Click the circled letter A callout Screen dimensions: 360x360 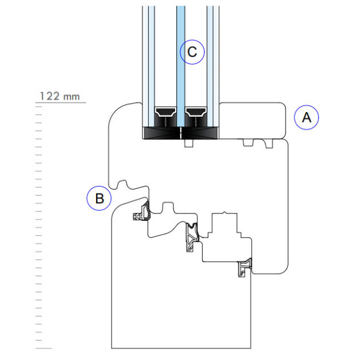[306, 118]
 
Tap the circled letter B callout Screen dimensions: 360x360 [99, 199]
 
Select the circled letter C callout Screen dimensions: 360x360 [192, 52]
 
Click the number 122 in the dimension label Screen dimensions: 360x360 [50, 96]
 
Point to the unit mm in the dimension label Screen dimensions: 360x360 [72, 97]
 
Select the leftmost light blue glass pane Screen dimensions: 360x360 [151, 57]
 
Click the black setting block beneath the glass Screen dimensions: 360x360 [181, 133]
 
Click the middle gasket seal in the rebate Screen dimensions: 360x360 [192, 236]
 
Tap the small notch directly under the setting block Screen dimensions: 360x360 [188, 144]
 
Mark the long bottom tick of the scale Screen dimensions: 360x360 [43, 347]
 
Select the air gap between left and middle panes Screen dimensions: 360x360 [166, 57]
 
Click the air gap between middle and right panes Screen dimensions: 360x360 [196, 57]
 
